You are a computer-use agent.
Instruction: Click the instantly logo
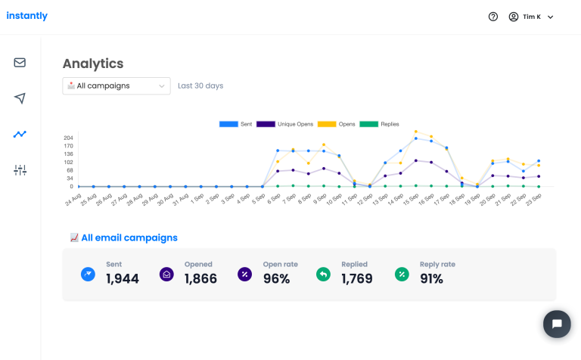26,16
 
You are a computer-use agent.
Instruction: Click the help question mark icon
493,17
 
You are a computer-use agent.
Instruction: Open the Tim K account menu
532,17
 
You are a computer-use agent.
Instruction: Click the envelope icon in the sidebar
20,63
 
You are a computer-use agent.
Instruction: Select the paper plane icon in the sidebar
20,98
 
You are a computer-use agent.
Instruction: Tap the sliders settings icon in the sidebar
20,170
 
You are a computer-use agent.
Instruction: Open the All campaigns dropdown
117,86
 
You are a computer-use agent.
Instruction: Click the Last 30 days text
200,86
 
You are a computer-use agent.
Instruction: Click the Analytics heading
93,64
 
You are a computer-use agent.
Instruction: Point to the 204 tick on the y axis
68,138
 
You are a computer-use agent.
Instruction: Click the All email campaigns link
129,237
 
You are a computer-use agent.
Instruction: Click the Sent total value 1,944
123,278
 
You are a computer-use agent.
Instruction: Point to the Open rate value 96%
276,278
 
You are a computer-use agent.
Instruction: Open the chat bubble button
557,324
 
